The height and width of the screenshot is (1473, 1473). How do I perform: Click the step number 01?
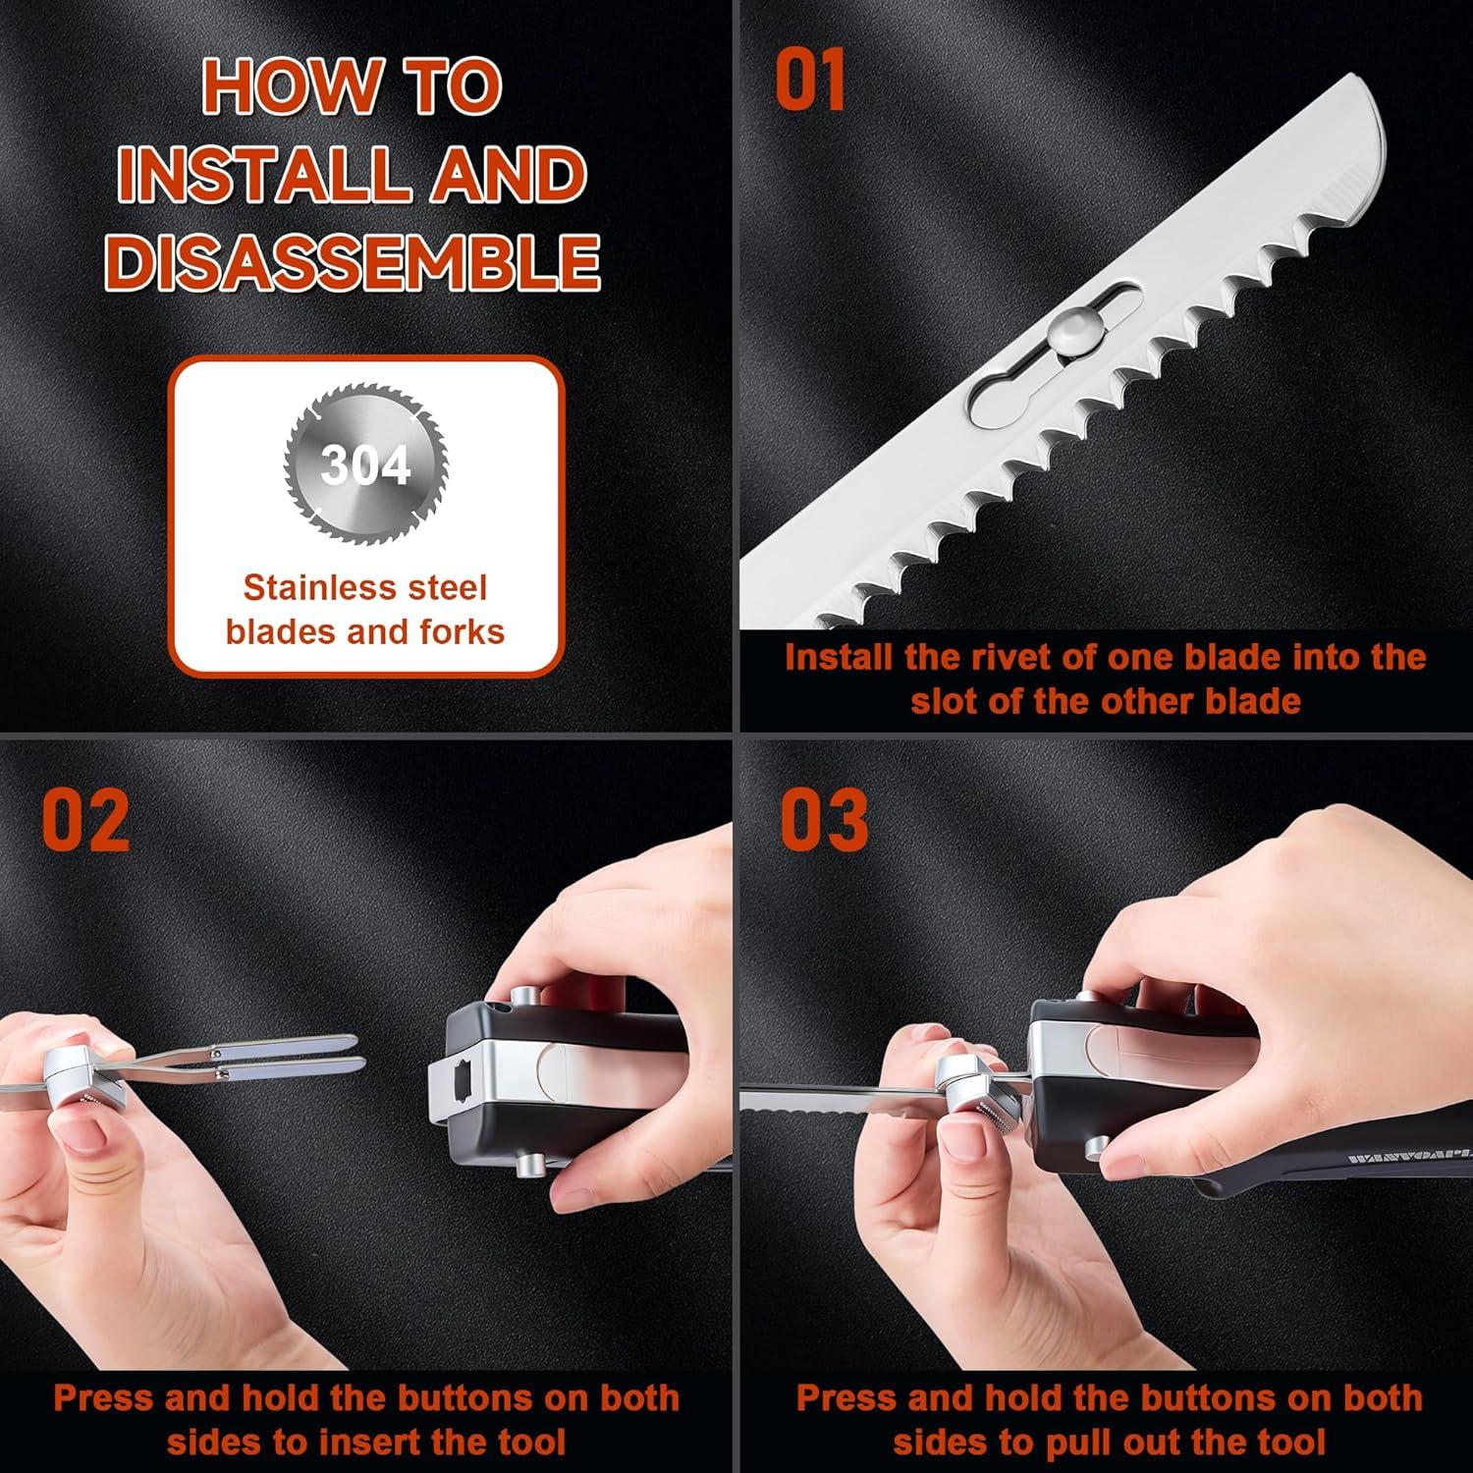click(x=810, y=82)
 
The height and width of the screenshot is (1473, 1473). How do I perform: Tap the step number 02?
click(x=85, y=820)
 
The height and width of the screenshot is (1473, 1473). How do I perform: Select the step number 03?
click(x=824, y=820)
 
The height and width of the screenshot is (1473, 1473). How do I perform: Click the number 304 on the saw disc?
click(x=365, y=464)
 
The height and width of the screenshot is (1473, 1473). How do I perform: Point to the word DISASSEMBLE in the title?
click(x=352, y=262)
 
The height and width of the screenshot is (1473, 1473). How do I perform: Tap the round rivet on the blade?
click(x=1069, y=331)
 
